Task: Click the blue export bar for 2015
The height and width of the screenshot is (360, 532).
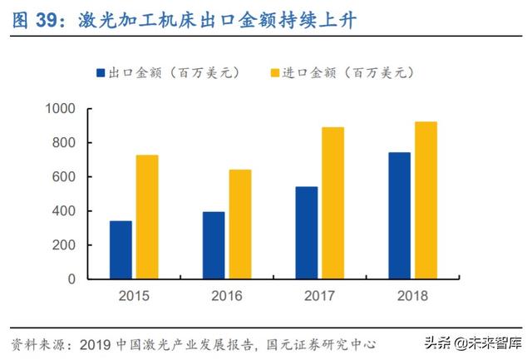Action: (121, 249)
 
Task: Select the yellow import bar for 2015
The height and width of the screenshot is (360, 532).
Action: (147, 216)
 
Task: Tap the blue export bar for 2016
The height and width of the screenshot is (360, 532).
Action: (214, 245)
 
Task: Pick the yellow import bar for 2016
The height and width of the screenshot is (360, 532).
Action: (240, 224)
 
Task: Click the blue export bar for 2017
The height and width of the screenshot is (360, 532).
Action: (307, 233)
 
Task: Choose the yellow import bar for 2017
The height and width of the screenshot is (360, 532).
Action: (333, 203)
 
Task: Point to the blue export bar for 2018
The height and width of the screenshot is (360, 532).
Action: (400, 215)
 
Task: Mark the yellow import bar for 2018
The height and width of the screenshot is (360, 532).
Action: (426, 200)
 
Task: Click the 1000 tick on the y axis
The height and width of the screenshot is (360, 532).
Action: (60, 109)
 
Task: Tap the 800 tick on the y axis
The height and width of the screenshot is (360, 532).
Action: (64, 143)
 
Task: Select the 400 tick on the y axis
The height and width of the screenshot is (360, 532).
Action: (64, 211)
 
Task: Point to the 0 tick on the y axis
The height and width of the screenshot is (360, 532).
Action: (72, 279)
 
